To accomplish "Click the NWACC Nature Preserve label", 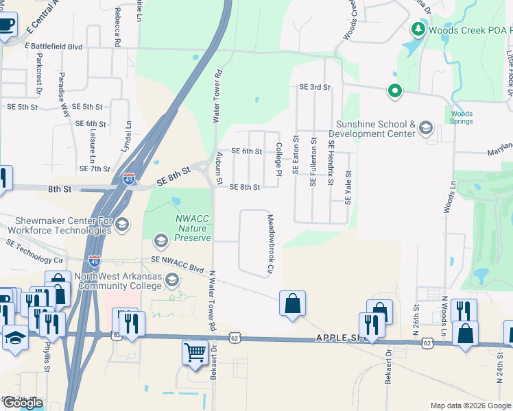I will point(192,228).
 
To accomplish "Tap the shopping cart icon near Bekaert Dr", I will point(195,353).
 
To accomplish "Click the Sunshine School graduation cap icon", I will point(426,128).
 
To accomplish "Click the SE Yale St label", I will point(348,187).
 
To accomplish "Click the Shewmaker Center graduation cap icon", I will point(122,224).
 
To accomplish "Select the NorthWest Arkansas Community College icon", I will point(171,279).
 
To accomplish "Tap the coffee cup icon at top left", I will point(6,25).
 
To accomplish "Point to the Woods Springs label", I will point(462,117).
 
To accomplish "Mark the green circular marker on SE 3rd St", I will point(394,90).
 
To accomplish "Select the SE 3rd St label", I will point(315,87).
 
